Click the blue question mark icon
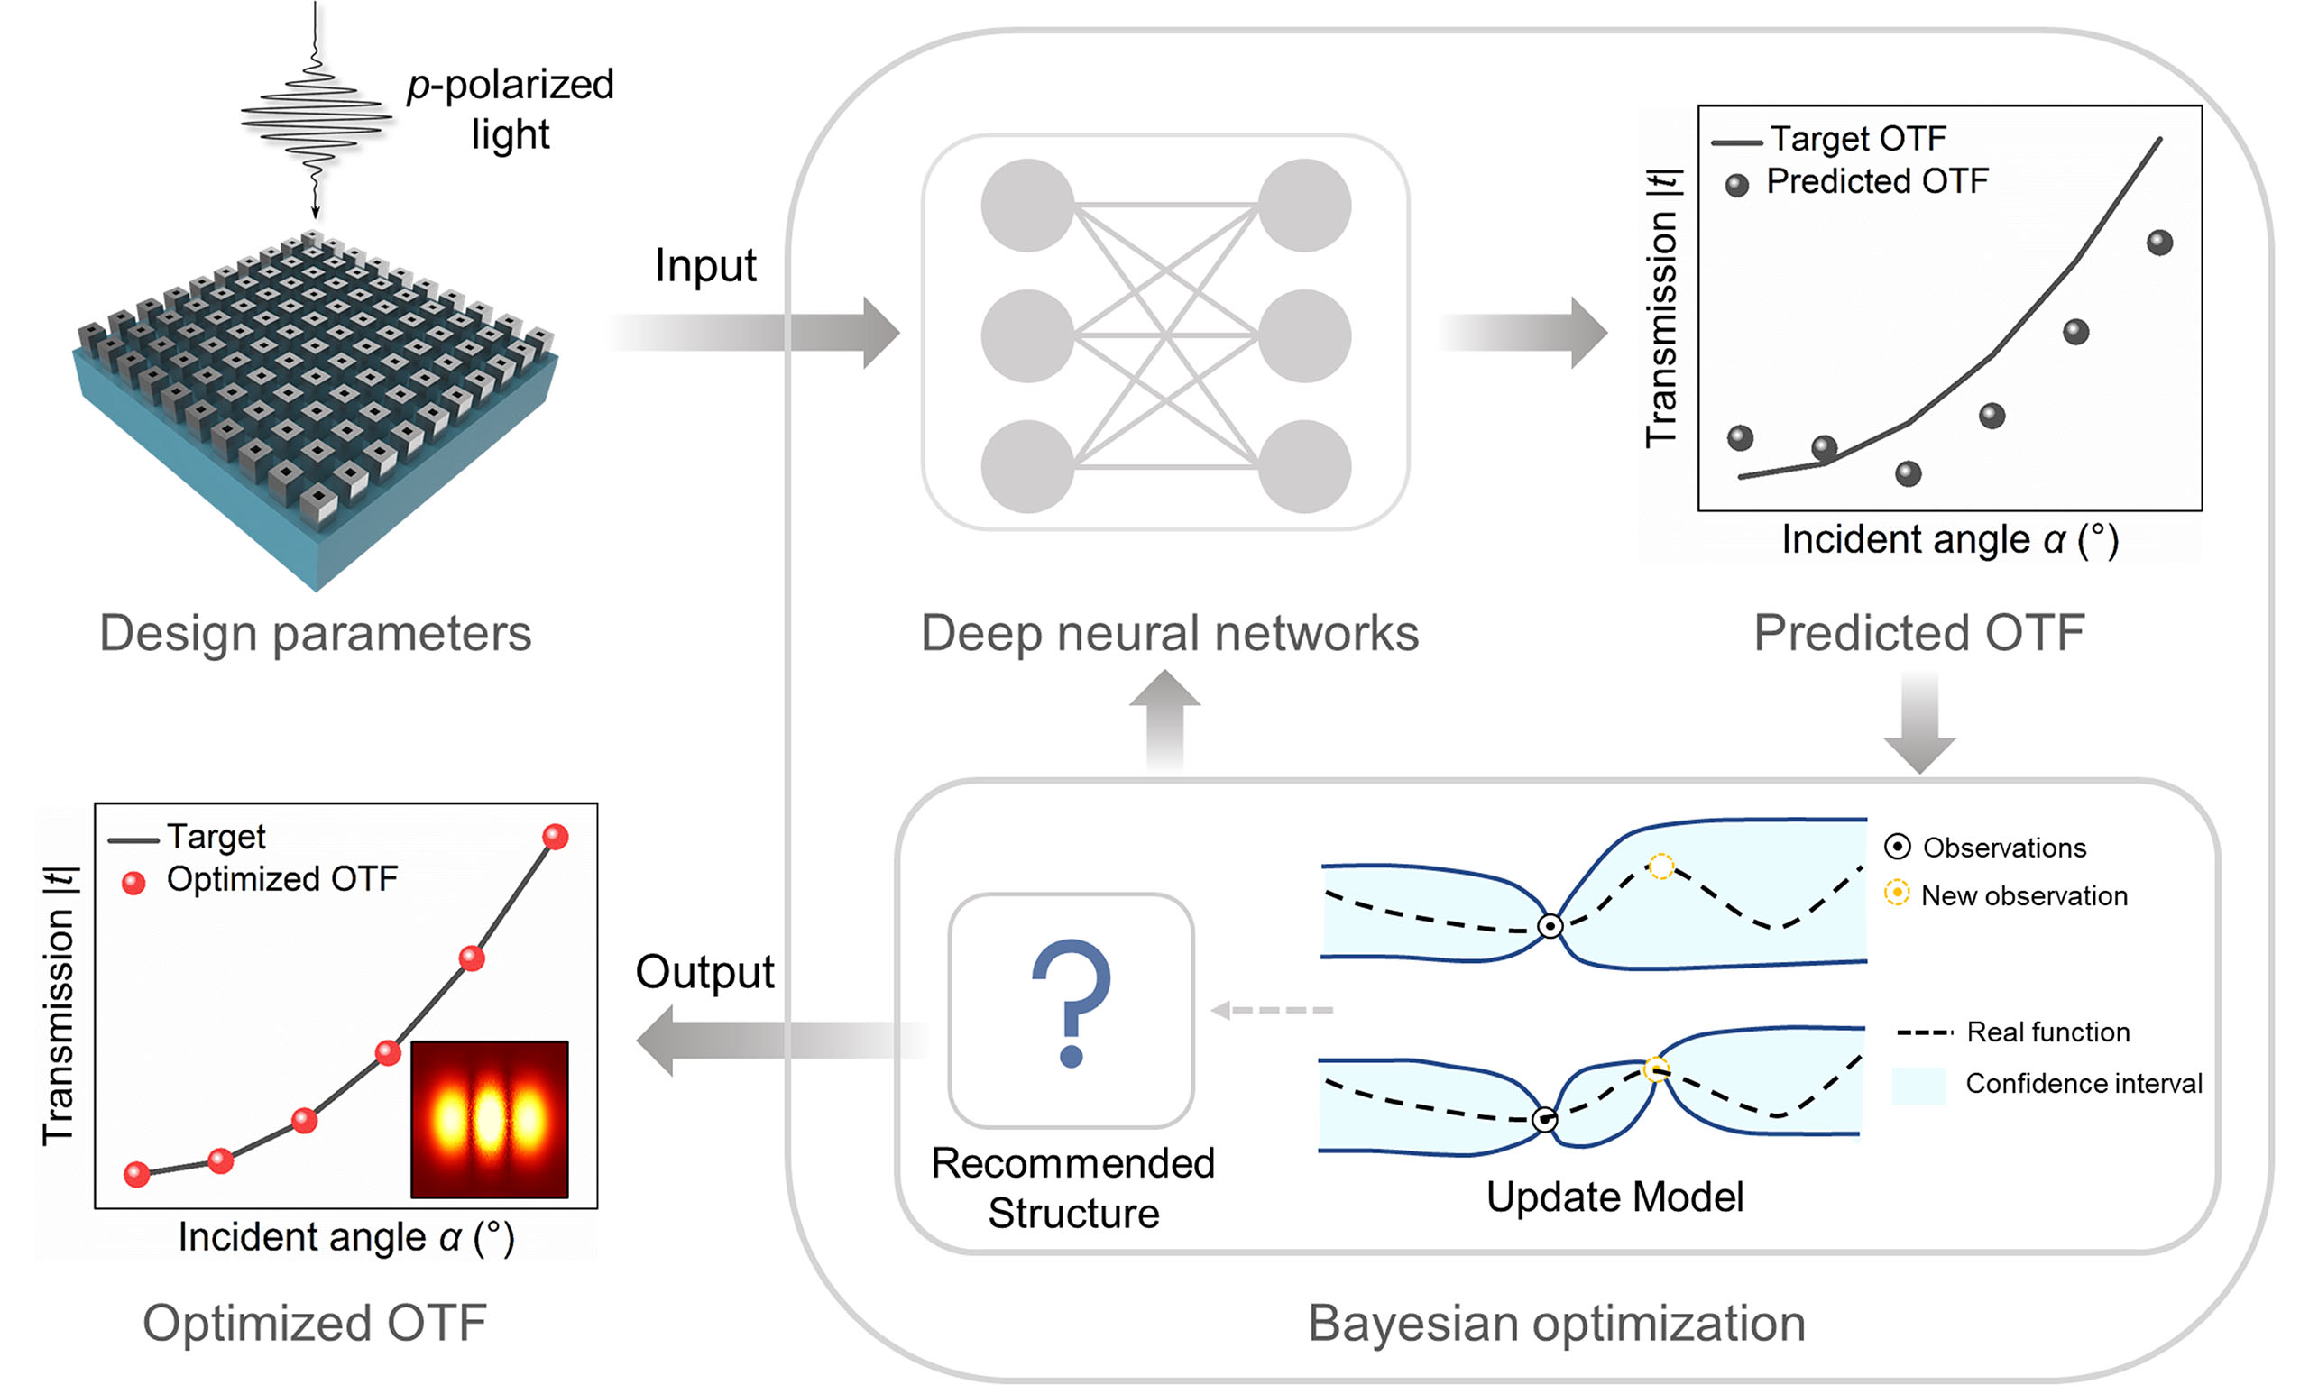click(x=1072, y=1003)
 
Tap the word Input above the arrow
click(x=704, y=266)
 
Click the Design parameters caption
click(x=316, y=634)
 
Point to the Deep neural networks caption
click(x=1170, y=634)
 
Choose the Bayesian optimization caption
click(x=1556, y=1324)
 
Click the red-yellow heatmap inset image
click(x=489, y=1119)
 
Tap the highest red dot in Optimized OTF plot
click(x=556, y=836)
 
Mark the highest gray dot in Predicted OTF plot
click(x=2159, y=243)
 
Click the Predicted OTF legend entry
click(x=1876, y=182)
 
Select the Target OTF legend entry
click(x=1857, y=139)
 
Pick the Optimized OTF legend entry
click(x=281, y=879)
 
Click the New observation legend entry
click(x=2022, y=896)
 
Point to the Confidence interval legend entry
click(x=2083, y=1084)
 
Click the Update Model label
click(x=1614, y=1197)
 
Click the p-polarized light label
click(x=511, y=109)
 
